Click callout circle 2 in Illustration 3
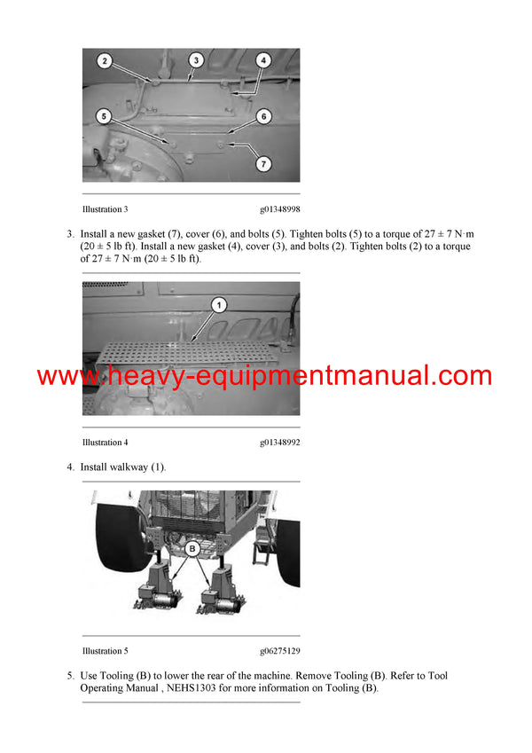pyautogui.click(x=105, y=61)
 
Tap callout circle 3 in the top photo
pyautogui.click(x=196, y=60)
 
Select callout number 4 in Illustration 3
pyautogui.click(x=263, y=61)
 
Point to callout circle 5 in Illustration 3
pyautogui.click(x=104, y=115)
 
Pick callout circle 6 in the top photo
pyautogui.click(x=263, y=116)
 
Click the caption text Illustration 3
pyautogui.click(x=105, y=209)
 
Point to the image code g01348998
pyautogui.click(x=279, y=209)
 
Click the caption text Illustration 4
pyautogui.click(x=105, y=442)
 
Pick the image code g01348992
pyautogui.click(x=279, y=442)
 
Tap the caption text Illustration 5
pyautogui.click(x=105, y=650)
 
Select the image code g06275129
pyautogui.click(x=279, y=650)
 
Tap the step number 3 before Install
pyautogui.click(x=69, y=234)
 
